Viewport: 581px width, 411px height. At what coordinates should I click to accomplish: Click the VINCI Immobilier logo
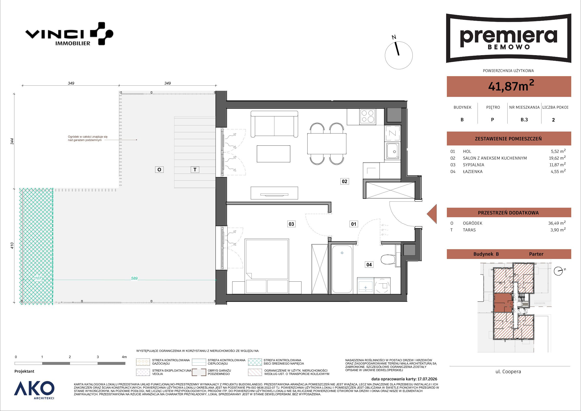tap(69, 34)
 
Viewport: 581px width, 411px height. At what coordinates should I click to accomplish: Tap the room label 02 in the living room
tap(345, 181)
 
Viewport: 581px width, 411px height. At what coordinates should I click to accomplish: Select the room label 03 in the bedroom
tap(291, 224)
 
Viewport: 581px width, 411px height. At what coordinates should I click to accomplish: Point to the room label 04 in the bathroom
tap(369, 265)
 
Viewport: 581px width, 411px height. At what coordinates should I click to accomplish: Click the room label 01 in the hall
tap(353, 224)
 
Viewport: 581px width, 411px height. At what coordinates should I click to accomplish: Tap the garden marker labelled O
tap(159, 170)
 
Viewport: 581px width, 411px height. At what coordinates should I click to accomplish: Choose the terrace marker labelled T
tap(195, 170)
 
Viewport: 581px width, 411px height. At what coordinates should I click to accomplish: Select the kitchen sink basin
tap(392, 151)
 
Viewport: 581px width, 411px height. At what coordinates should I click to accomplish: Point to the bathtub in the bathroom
tap(342, 269)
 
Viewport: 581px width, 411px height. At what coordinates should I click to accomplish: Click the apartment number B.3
tap(524, 120)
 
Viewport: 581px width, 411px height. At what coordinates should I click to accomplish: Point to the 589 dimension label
tap(134, 278)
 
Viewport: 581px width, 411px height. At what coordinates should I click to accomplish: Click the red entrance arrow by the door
tap(432, 214)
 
